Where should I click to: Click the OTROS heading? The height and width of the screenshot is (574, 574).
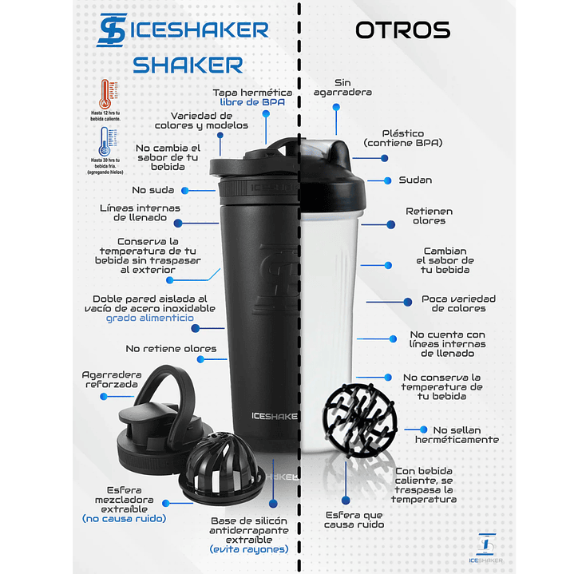pyautogui.click(x=402, y=30)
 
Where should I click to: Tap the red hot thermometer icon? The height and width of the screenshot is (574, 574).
pyautogui.click(x=106, y=95)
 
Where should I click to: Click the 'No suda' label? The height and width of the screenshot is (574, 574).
pyautogui.click(x=153, y=190)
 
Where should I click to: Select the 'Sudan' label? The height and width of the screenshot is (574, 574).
pyautogui.click(x=415, y=180)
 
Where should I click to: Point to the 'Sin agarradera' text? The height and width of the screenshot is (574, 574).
pyautogui.click(x=342, y=87)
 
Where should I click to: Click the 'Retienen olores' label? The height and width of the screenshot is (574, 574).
pyautogui.click(x=429, y=216)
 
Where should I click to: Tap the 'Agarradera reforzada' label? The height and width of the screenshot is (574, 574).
pyautogui.click(x=113, y=380)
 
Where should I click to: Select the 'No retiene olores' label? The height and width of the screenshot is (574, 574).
pyautogui.click(x=171, y=349)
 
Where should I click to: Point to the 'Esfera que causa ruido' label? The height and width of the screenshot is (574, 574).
pyautogui.click(x=354, y=520)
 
